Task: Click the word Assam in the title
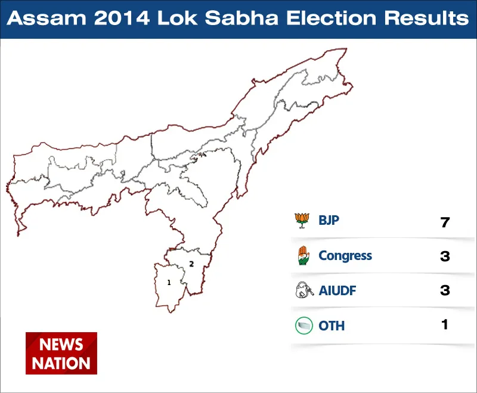[x=47, y=18]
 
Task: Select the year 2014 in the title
[x=122, y=18]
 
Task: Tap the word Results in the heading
[x=426, y=18]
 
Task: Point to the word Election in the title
[x=332, y=18]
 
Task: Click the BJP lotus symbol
[x=302, y=221]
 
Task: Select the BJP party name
[x=329, y=220]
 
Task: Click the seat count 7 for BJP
[x=445, y=222]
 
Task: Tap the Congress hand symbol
[x=303, y=255]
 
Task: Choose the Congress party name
[x=345, y=256]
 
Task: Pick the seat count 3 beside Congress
[x=445, y=256]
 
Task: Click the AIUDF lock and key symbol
[x=304, y=290]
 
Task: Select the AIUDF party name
[x=337, y=290]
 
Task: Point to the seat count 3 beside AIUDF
[x=445, y=290]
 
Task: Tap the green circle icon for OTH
[x=304, y=326]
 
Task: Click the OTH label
[x=332, y=326]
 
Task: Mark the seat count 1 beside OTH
[x=445, y=324]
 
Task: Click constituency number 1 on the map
[x=169, y=283]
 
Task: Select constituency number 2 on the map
[x=191, y=264]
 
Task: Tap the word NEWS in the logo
[x=61, y=345]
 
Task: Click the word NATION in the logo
[x=61, y=363]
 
